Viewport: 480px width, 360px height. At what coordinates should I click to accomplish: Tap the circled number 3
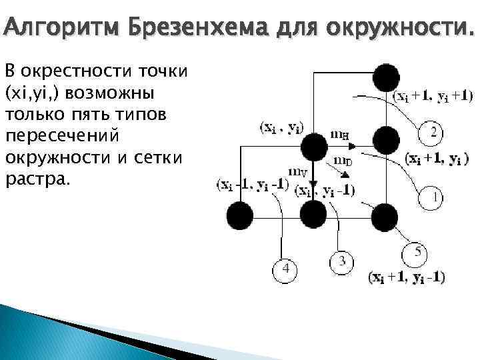(341, 261)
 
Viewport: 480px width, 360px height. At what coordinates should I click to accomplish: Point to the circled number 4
(285, 269)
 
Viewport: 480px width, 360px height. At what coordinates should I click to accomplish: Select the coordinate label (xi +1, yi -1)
(407, 277)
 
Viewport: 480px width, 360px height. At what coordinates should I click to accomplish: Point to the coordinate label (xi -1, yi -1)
(252, 185)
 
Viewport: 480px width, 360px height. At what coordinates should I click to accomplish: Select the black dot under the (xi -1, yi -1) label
(239, 215)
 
